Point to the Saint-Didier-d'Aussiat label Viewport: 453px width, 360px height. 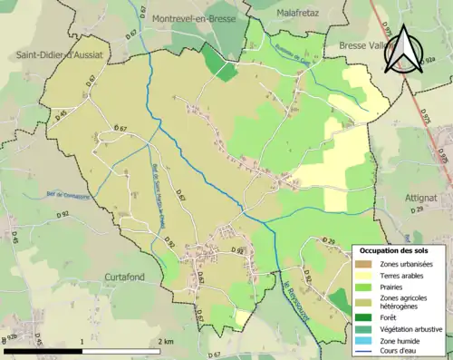(x=59, y=55)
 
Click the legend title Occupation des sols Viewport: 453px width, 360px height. (x=400, y=249)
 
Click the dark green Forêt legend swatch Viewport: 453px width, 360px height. (x=365, y=317)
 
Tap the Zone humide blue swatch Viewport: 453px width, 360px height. (x=365, y=339)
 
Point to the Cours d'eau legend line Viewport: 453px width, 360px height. (x=365, y=350)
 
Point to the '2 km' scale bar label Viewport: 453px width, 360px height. (x=166, y=342)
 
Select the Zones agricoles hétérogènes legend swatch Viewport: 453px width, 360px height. (x=365, y=301)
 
